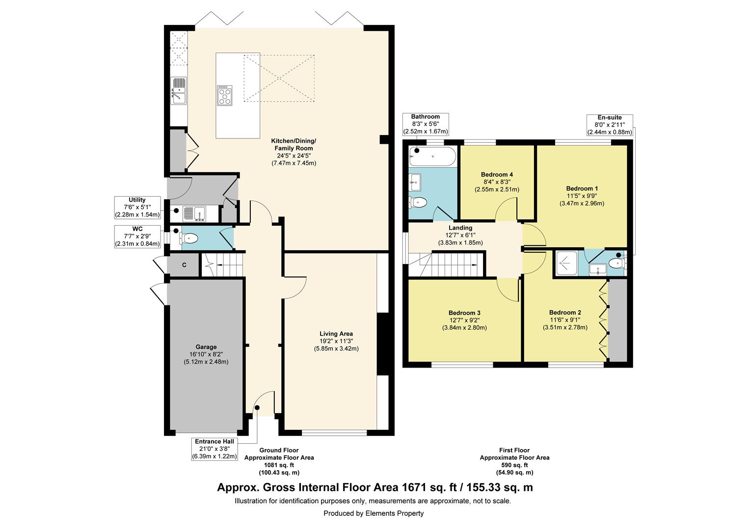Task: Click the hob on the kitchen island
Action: click(x=224, y=95)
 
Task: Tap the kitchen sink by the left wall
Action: click(x=179, y=91)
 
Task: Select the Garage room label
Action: click(x=206, y=347)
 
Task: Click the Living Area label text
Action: click(x=336, y=334)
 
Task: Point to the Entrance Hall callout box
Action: click(x=214, y=449)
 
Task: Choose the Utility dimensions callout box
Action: click(x=137, y=208)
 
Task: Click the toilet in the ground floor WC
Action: click(x=189, y=238)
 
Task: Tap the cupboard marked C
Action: click(x=184, y=265)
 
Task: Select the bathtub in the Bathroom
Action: click(x=432, y=157)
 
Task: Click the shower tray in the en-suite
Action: click(x=566, y=263)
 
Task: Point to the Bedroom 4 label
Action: click(x=497, y=174)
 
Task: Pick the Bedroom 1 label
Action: click(x=582, y=188)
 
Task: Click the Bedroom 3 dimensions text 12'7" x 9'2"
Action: click(x=464, y=320)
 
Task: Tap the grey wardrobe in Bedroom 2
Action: click(x=618, y=320)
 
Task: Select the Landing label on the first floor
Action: click(x=460, y=228)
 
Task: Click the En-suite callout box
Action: click(x=610, y=125)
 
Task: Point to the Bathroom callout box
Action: click(x=426, y=124)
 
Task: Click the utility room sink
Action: click(x=194, y=214)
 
